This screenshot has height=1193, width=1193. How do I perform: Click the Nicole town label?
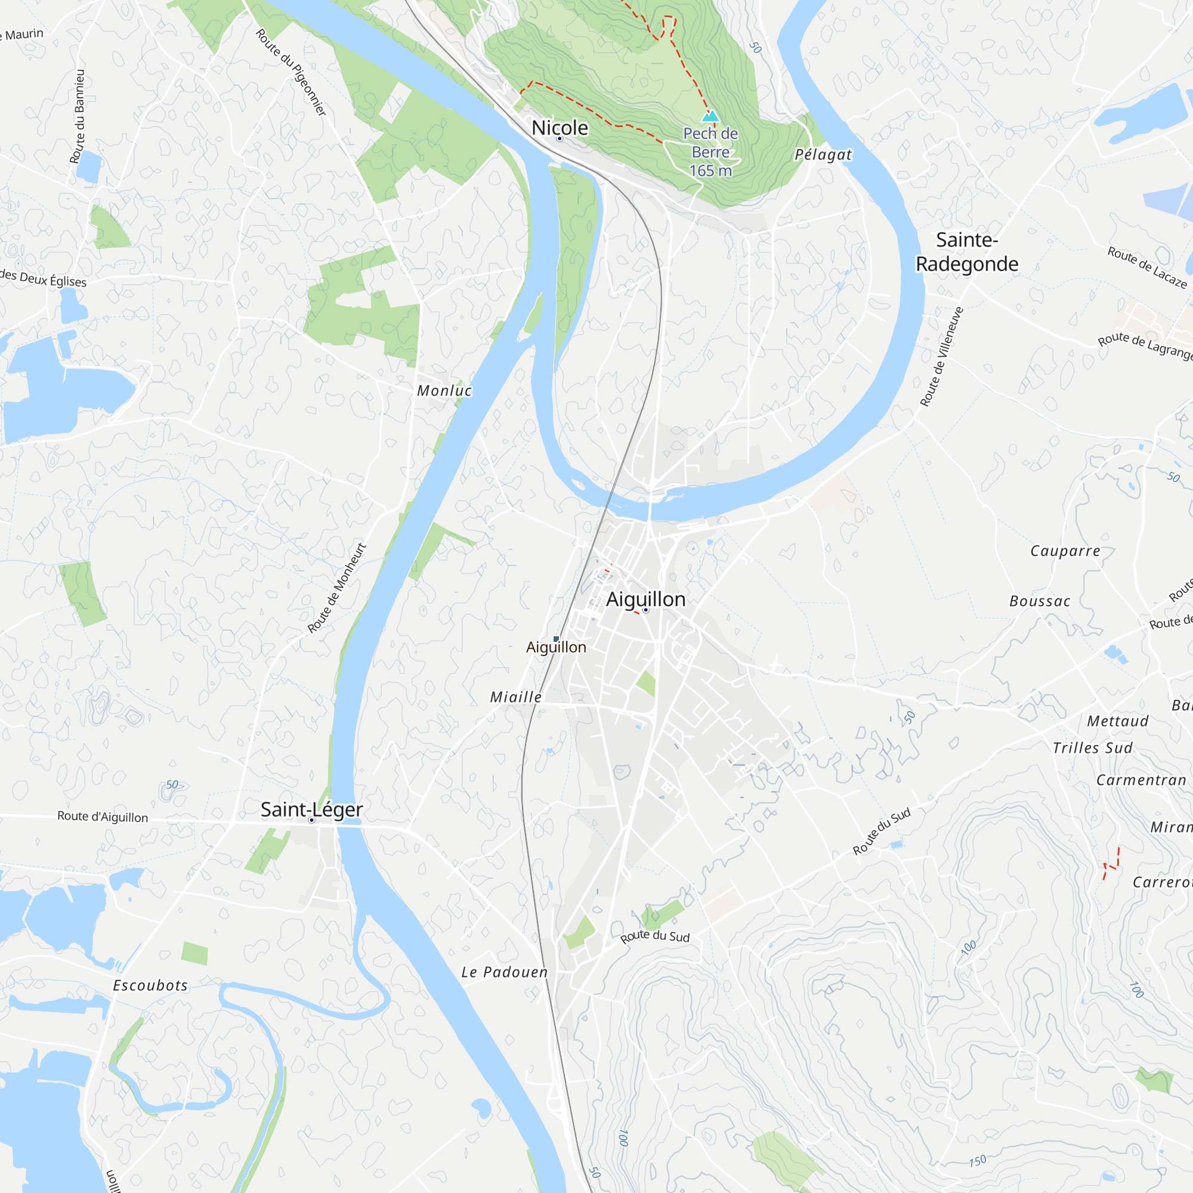coord(560,128)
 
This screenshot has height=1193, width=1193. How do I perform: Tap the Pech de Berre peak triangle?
coord(710,116)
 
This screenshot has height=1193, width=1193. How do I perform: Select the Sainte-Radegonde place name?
coord(966,252)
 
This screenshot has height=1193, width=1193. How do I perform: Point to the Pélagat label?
coord(823,154)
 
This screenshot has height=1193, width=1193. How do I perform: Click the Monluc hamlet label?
coord(444,391)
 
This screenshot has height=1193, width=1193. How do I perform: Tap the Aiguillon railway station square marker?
coord(556,639)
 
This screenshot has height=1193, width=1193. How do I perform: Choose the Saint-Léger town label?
coord(311,809)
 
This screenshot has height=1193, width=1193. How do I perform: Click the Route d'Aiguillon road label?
coord(103,817)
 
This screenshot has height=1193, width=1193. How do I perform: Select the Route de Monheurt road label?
coord(337,588)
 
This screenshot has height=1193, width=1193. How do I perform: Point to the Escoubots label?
coord(150,985)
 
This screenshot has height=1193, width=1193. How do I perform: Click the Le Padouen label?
coord(505,972)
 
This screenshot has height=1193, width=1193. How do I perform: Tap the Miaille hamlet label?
coord(515,697)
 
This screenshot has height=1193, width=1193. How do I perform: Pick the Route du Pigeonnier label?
coord(291,72)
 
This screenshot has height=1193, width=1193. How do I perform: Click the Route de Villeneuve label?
coord(942,357)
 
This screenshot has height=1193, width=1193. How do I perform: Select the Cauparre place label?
coord(1065,551)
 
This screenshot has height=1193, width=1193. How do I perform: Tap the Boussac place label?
coord(1040,601)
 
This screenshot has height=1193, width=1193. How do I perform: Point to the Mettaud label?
coord(1118,721)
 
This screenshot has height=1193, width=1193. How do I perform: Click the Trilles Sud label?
coord(1093,749)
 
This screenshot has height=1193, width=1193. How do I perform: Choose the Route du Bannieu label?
coord(78,117)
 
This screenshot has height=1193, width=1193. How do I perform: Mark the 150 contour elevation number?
coord(978,1161)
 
